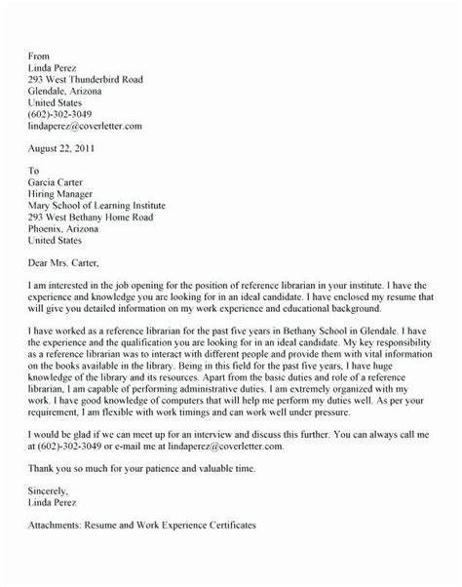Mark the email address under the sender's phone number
tap(86, 125)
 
